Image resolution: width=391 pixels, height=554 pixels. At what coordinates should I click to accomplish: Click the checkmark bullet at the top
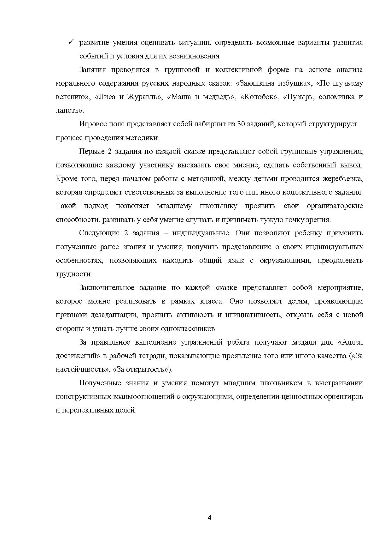point(71,42)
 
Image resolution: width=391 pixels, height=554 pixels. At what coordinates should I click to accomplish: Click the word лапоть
point(68,111)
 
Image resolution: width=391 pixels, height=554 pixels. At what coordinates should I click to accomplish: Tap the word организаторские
point(335,206)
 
